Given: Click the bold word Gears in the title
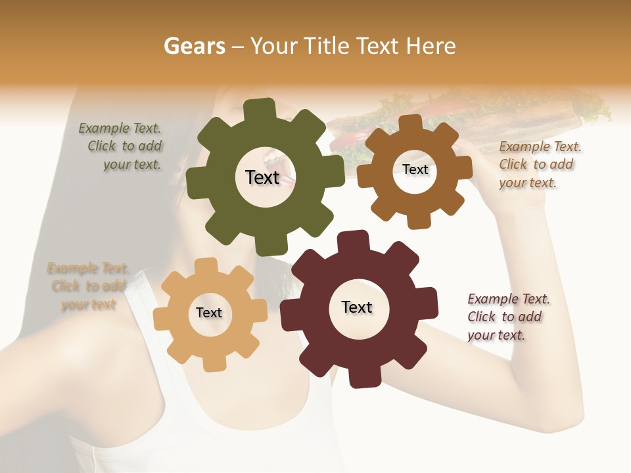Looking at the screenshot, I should pyautogui.click(x=194, y=46).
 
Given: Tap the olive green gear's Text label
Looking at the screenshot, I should pyautogui.click(x=262, y=177).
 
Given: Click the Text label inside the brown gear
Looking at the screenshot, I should pyautogui.click(x=415, y=169).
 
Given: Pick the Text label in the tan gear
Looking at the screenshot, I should pyautogui.click(x=209, y=313).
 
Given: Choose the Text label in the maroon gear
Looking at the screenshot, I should pyautogui.click(x=357, y=307).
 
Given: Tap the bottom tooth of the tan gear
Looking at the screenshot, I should pyautogui.click(x=211, y=362).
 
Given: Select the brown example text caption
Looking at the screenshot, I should pyautogui.click(x=539, y=165).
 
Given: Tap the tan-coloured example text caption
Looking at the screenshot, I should pyautogui.click(x=87, y=286).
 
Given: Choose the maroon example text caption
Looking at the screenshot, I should pyautogui.click(x=507, y=317).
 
